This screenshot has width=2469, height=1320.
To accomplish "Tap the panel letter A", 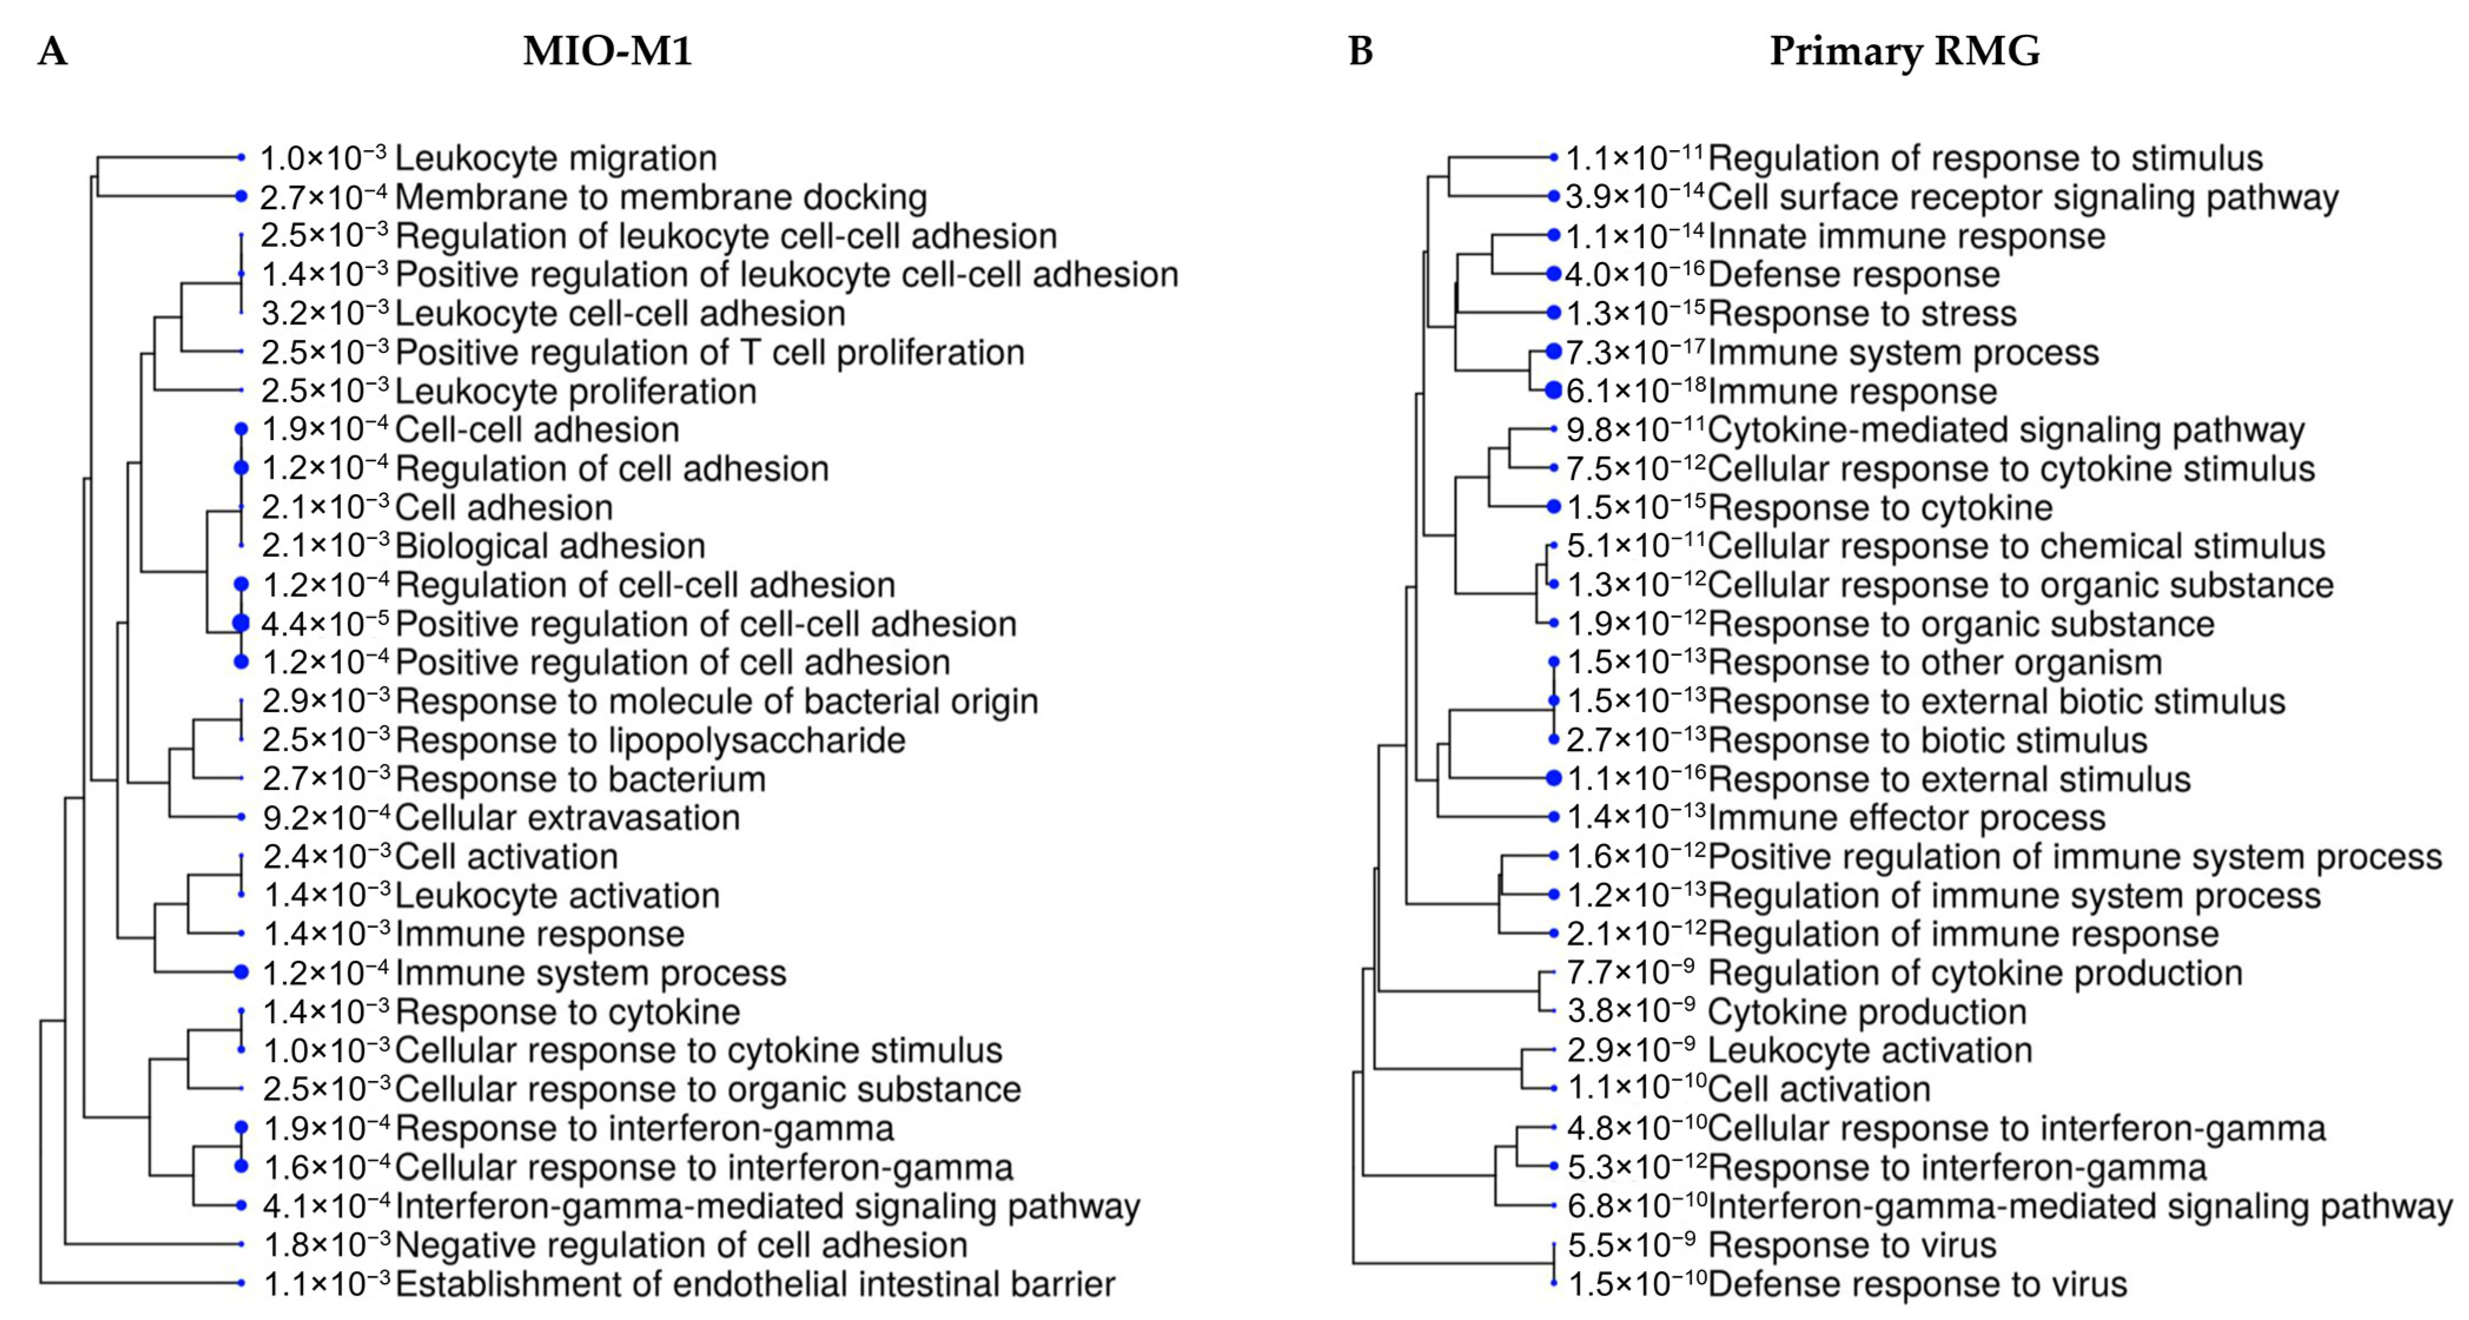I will (53, 51).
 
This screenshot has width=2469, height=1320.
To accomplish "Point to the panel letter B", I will (1360, 51).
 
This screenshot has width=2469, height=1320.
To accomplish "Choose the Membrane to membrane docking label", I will (660, 197).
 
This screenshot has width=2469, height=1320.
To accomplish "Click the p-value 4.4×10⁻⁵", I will (324, 624).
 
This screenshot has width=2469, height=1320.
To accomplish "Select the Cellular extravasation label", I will (567, 818).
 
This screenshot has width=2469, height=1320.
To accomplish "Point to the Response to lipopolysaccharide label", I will (650, 740).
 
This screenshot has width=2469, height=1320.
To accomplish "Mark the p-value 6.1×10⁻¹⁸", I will (1635, 391).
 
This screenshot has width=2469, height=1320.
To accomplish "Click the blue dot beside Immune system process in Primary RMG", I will (1554, 352).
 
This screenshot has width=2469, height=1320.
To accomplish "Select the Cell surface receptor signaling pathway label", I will (2023, 197).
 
